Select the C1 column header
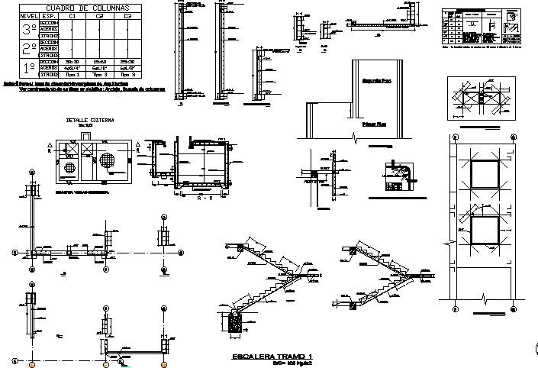coord(72,15)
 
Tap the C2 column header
coord(99,15)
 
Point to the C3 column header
coord(127,15)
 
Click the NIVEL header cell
coord(29,15)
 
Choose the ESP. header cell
coord(49,15)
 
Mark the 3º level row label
coord(29,30)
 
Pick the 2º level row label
coord(29,49)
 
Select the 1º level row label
coord(29,68)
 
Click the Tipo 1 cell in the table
coord(72,75)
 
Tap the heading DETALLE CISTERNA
coord(89,121)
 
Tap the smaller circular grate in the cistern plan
coord(70,167)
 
